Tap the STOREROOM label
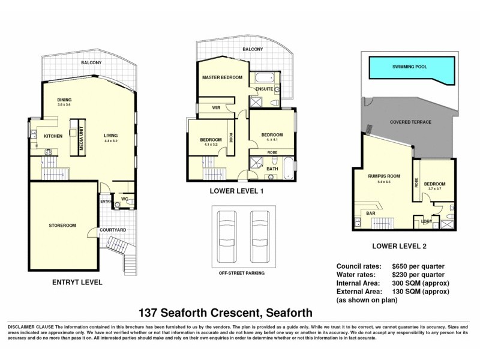click(62, 226)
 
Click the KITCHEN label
click(53, 136)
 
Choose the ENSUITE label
click(264, 89)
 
